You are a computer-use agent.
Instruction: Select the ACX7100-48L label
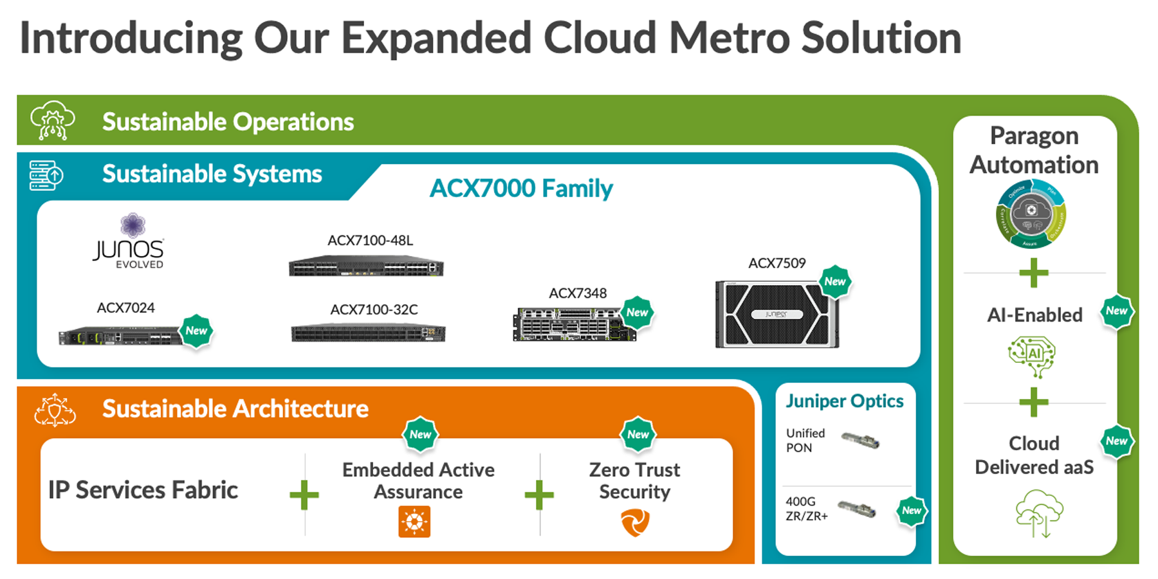pos(370,241)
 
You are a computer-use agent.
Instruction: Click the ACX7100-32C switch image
pos(367,333)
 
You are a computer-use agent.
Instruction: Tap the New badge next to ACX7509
pos(835,281)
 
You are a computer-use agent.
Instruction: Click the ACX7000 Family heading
pos(521,188)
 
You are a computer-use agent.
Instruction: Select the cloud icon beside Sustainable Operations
pos(53,120)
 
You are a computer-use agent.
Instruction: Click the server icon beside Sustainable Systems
pos(46,175)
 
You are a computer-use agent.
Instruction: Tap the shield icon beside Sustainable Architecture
pos(55,410)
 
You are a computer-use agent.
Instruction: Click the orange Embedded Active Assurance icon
pos(414,521)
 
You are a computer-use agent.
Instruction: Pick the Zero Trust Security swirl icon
pos(635,522)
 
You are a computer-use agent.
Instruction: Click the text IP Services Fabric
pos(143,490)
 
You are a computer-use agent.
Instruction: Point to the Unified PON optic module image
pos(860,441)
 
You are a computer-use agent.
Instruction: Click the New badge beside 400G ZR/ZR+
pos(911,511)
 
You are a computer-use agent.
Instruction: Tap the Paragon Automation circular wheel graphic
pos(1031,215)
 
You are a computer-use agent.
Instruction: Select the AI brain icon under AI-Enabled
pos(1032,356)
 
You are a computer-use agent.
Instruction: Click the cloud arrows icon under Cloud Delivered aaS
pos(1039,513)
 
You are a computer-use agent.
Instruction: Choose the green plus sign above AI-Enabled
pos(1034,273)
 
